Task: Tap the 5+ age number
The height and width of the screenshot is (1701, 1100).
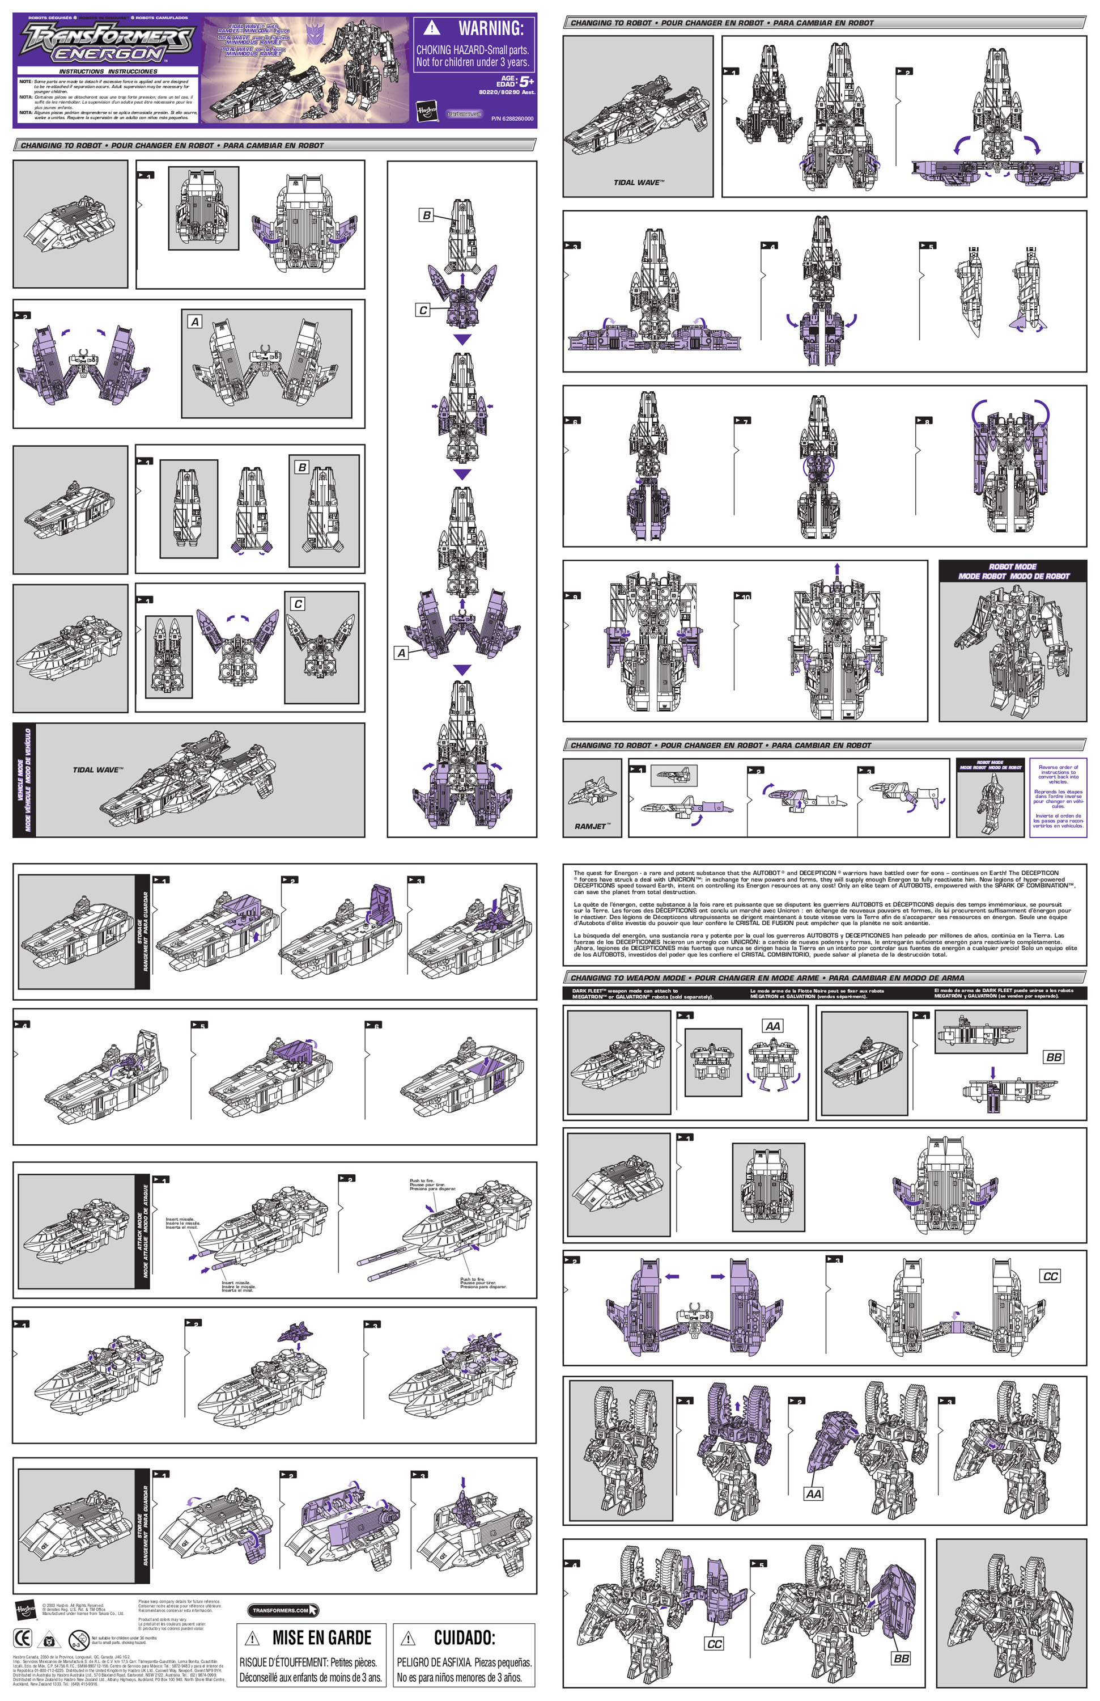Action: click(526, 82)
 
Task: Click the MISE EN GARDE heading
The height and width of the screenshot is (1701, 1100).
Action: click(321, 1637)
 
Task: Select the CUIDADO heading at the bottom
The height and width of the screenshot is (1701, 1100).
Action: click(464, 1637)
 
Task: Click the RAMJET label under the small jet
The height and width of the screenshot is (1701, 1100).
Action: click(591, 826)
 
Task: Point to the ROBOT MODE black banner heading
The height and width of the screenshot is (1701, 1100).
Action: click(1013, 571)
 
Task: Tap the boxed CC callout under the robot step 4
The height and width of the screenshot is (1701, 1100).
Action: click(714, 1644)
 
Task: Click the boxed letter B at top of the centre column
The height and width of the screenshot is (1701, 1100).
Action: click(426, 214)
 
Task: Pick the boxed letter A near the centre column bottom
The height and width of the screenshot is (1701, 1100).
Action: click(401, 653)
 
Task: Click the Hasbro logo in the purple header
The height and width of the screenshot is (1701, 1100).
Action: click(426, 112)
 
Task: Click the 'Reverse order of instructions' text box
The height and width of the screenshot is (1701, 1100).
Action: click(1058, 797)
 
